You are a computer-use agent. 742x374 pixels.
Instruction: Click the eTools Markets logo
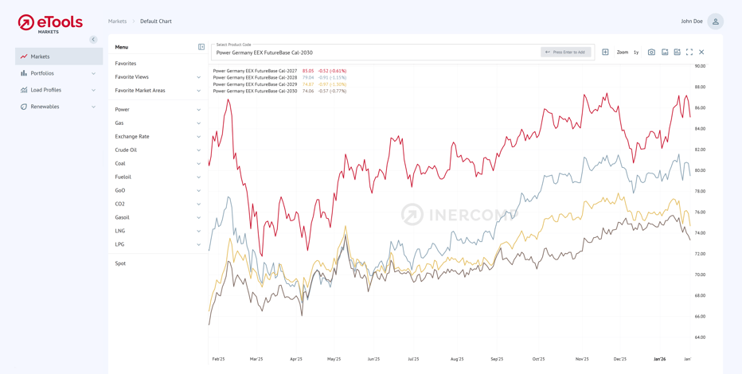point(50,23)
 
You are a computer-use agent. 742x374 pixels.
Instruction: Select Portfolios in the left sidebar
point(42,73)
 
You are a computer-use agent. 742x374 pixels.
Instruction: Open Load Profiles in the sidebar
point(45,90)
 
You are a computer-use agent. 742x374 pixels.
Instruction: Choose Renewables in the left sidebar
point(45,107)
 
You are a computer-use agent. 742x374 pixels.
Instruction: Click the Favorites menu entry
point(126,64)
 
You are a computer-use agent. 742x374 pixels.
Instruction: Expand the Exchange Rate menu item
point(132,137)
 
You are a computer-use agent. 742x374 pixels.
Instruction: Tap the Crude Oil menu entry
point(126,150)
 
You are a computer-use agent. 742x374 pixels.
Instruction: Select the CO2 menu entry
point(120,204)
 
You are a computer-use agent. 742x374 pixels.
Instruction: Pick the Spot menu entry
point(120,263)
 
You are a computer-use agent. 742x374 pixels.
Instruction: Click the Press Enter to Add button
point(565,53)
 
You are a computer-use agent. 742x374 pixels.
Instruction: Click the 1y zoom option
point(636,53)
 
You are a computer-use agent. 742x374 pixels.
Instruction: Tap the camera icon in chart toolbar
point(651,53)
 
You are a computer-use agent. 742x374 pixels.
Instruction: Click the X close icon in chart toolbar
point(701,53)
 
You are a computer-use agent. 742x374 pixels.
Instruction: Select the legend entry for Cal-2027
point(255,71)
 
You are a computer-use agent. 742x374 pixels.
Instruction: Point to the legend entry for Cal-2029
point(255,84)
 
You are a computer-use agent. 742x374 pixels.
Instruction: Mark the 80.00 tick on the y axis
point(700,170)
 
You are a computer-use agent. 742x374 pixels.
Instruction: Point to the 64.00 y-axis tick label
point(700,337)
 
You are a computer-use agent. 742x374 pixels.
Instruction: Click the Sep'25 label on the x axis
point(497,360)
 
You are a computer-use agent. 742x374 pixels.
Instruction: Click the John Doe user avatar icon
point(715,21)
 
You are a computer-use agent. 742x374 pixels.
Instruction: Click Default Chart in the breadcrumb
point(156,21)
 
